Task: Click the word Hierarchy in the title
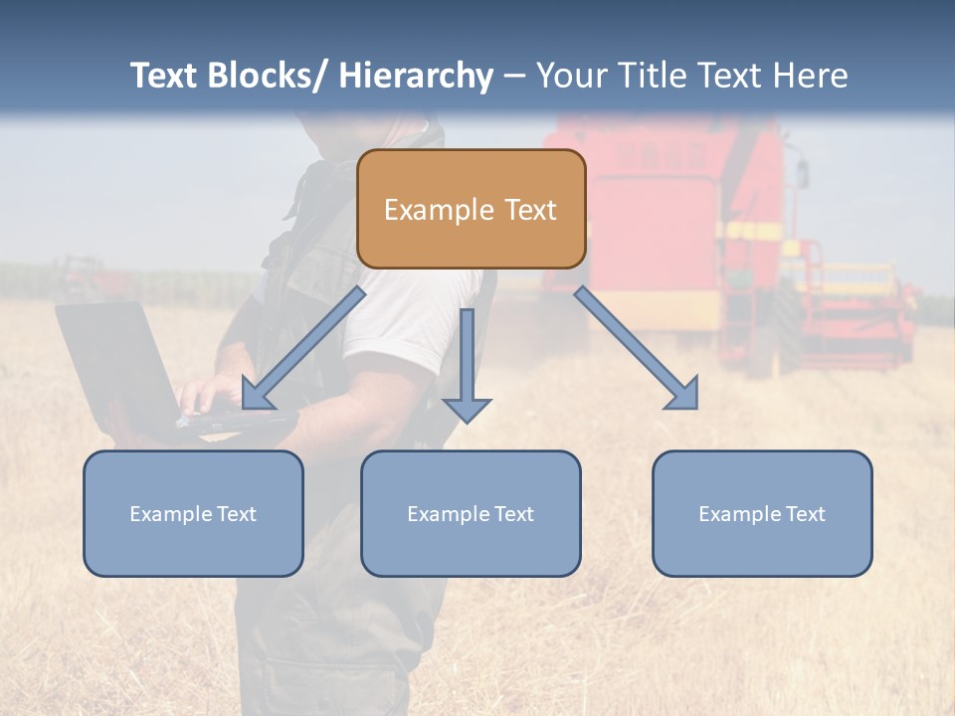click(416, 76)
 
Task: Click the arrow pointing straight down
click(467, 368)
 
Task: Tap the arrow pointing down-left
click(303, 348)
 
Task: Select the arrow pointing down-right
click(637, 348)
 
